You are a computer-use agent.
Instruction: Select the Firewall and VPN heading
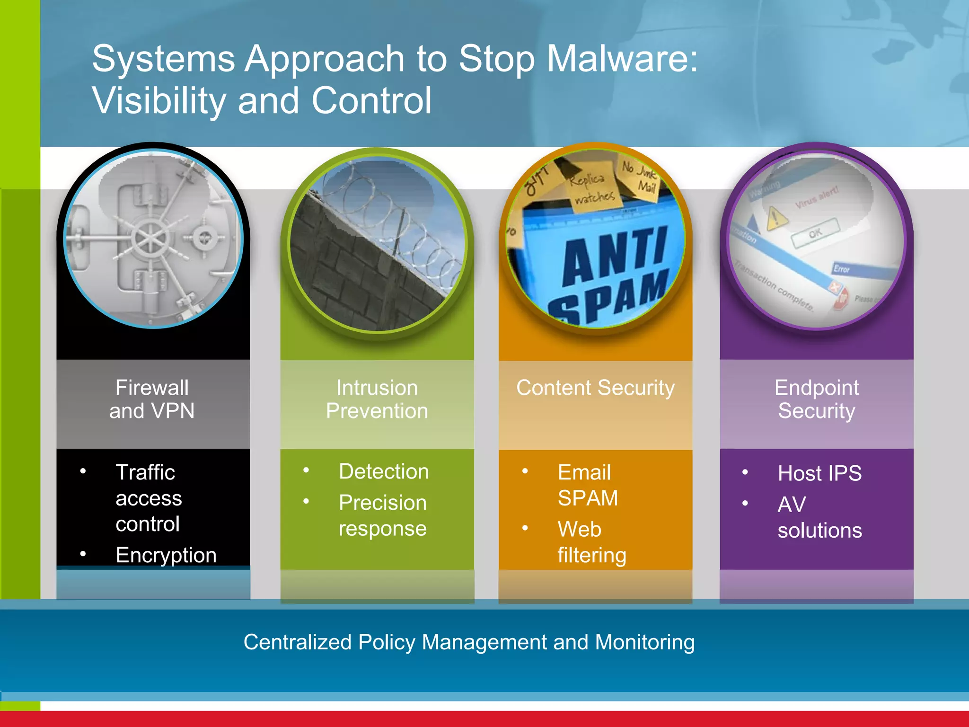(x=152, y=399)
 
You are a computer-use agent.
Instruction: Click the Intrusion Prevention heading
(x=377, y=399)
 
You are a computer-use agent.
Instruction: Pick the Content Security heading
(x=595, y=388)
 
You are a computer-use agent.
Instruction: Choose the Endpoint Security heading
(x=816, y=399)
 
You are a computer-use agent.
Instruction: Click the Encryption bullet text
(x=166, y=555)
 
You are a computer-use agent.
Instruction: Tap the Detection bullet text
(x=384, y=471)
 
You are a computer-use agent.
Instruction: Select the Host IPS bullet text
(x=819, y=473)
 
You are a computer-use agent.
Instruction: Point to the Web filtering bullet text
(x=591, y=542)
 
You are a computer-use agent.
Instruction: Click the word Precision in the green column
(x=383, y=503)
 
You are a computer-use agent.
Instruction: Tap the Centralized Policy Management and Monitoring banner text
(x=469, y=642)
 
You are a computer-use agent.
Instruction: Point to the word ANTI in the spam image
(x=615, y=256)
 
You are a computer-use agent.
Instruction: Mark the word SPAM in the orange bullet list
(x=588, y=498)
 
